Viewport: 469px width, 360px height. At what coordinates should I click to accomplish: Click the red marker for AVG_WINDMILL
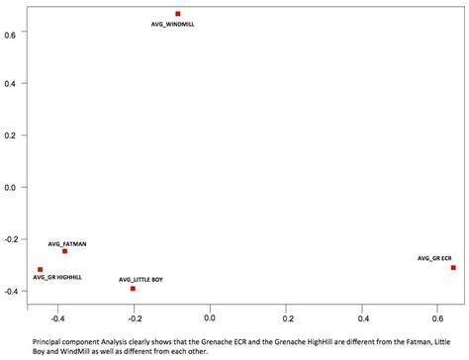tap(178, 14)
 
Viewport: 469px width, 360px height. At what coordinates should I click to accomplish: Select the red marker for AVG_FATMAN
tap(64, 251)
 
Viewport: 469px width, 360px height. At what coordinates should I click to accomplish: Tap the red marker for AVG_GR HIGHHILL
tap(41, 269)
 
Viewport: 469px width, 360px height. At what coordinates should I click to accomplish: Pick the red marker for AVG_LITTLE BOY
tap(133, 289)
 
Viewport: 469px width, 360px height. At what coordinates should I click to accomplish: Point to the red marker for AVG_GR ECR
tap(453, 268)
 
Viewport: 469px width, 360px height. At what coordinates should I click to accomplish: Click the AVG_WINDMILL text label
tap(174, 24)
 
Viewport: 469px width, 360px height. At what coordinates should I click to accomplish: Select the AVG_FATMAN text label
tap(67, 242)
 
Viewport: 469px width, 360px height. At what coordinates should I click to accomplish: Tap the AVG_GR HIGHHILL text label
tap(57, 278)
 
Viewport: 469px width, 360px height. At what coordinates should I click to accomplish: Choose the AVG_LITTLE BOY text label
tap(141, 280)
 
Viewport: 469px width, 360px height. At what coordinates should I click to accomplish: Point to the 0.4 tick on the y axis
tap(10, 83)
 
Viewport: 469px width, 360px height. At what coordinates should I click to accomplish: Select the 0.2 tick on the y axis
tap(10, 135)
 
